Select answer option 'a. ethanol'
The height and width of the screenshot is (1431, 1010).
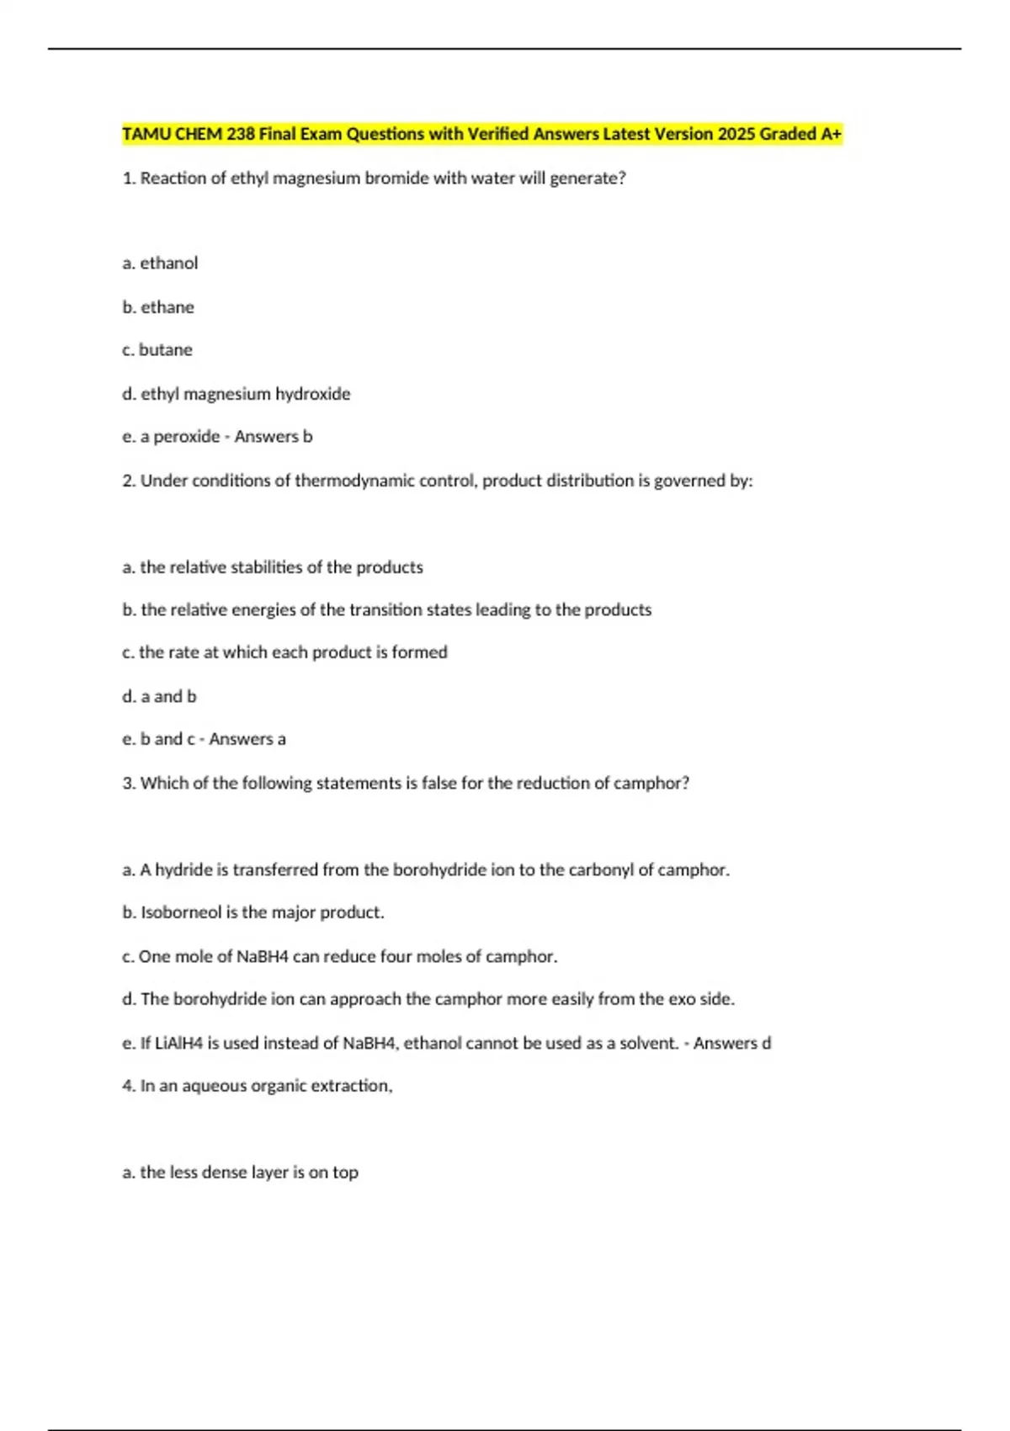pyautogui.click(x=160, y=263)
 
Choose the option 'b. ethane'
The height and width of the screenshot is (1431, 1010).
pyautogui.click(x=158, y=307)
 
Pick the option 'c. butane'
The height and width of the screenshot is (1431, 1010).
pyautogui.click(x=157, y=350)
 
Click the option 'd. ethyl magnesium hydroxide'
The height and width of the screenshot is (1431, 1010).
pyautogui.click(x=236, y=394)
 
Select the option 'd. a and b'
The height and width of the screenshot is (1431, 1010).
pyautogui.click(x=159, y=696)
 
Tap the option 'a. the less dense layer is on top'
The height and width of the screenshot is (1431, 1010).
pyautogui.click(x=240, y=1172)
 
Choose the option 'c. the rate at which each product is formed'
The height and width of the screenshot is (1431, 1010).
pyautogui.click(x=284, y=652)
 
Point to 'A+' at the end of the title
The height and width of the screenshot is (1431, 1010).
pyautogui.click(x=832, y=134)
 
